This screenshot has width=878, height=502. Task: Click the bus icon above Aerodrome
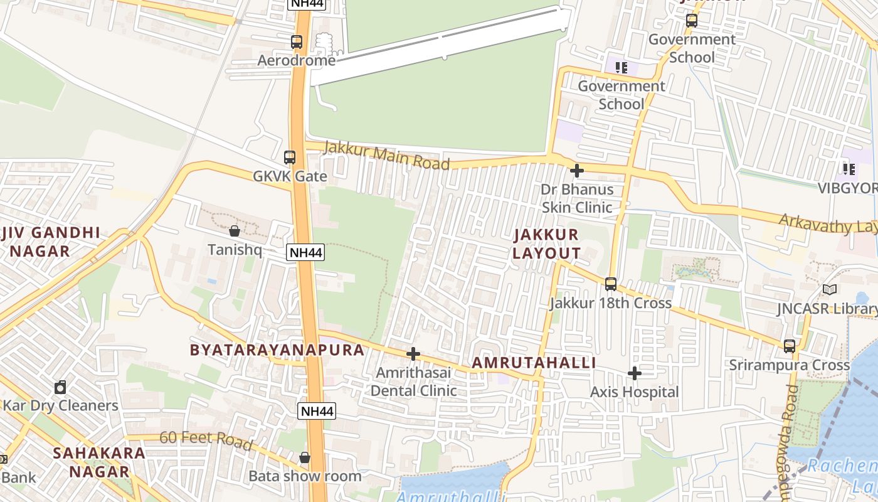click(297, 42)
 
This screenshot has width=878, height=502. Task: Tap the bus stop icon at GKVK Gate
click(289, 157)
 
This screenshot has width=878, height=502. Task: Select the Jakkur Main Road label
click(386, 156)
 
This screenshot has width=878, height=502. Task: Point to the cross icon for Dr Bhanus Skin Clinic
click(576, 170)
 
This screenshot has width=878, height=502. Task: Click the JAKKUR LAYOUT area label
click(546, 244)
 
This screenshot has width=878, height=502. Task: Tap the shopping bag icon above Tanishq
click(234, 231)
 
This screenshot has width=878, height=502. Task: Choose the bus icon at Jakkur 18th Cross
click(611, 284)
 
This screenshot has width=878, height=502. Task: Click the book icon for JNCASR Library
click(829, 290)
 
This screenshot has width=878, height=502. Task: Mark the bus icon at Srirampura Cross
click(789, 346)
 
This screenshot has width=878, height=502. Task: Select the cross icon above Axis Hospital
click(635, 373)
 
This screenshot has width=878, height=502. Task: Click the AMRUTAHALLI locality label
click(534, 363)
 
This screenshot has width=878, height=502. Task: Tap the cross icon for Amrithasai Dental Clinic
click(413, 354)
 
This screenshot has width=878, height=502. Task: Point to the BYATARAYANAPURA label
click(277, 350)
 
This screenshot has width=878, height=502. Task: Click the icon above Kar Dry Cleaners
click(60, 387)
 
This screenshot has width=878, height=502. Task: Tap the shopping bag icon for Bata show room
click(305, 457)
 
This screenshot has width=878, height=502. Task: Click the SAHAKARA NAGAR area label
click(99, 462)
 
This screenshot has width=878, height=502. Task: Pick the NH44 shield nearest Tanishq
click(305, 253)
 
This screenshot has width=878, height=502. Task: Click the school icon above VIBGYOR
click(849, 169)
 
